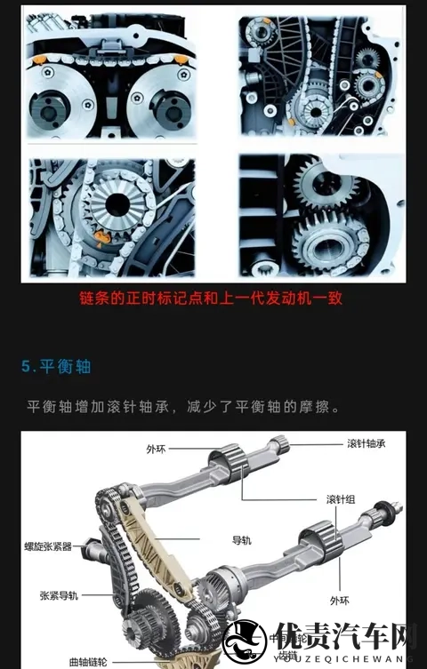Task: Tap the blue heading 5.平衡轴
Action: point(57,366)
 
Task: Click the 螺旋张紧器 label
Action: point(49,546)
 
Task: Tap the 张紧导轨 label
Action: point(60,595)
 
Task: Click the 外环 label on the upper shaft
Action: point(157,450)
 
